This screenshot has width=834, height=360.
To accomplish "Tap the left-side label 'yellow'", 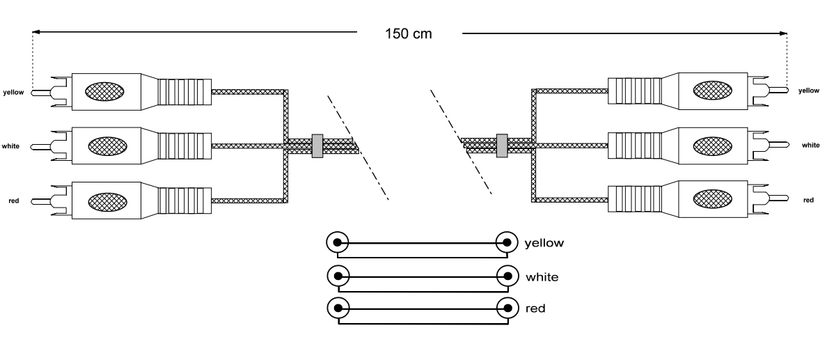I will tap(14, 91).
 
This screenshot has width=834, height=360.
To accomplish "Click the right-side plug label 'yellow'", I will tap(809, 91).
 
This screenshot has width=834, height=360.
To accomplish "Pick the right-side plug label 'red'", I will tap(808, 201).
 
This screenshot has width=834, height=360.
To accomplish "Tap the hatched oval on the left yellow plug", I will tap(105, 91).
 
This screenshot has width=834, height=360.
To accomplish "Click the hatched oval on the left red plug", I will tap(105, 201).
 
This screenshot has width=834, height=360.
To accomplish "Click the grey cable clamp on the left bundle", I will tap(317, 145).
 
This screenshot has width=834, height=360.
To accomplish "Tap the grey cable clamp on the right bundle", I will tap(501, 145).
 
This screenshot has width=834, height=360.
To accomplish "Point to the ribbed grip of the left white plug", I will tap(184, 146).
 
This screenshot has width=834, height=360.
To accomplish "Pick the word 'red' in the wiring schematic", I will tap(536, 308).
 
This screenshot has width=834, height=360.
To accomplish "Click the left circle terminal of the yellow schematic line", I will tap(337, 243).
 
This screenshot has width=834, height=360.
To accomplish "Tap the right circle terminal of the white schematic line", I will tap(506, 276).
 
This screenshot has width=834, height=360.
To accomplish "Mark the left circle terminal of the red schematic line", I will tap(337, 308).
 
